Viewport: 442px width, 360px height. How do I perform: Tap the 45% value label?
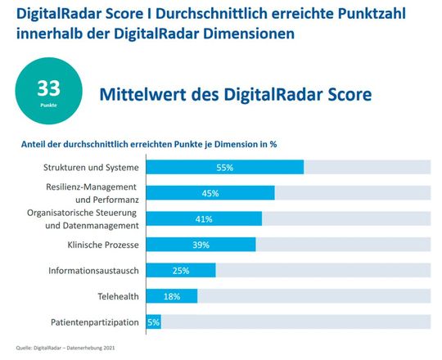click(x=210, y=193)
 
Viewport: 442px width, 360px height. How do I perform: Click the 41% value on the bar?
click(x=204, y=219)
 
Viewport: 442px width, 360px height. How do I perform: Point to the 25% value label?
click(x=181, y=270)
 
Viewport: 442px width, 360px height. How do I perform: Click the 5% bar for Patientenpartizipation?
click(x=153, y=322)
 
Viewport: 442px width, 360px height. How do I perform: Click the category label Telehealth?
click(x=117, y=296)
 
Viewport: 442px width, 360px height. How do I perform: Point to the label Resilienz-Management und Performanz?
click(x=92, y=193)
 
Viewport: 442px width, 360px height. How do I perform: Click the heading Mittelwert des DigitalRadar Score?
click(x=235, y=95)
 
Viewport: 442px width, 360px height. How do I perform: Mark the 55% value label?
click(x=224, y=167)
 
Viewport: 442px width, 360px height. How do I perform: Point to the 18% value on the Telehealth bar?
click(x=171, y=296)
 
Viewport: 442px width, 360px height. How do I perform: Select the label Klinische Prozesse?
click(x=102, y=245)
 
